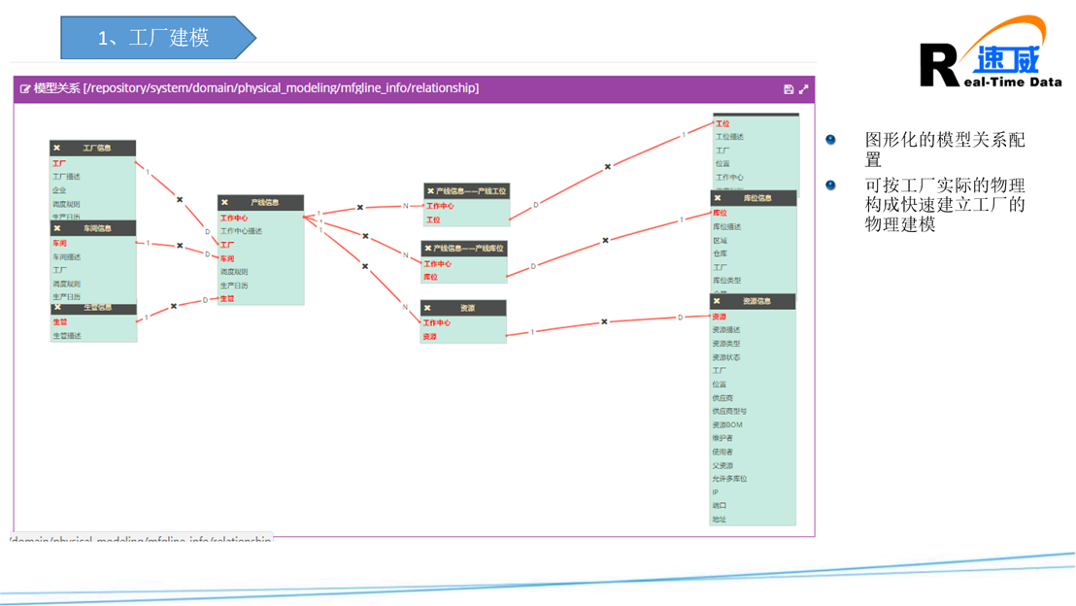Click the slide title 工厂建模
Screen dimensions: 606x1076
[153, 38]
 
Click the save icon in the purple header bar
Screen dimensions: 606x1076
[789, 89]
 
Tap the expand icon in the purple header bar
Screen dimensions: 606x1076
[804, 89]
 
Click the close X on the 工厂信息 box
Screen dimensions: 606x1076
[57, 149]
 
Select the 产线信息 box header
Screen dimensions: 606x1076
[264, 203]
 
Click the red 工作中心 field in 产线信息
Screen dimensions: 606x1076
[234, 219]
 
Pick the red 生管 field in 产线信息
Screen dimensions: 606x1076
[227, 299]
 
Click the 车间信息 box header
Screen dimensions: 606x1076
[97, 229]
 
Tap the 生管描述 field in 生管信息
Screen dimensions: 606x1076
[67, 336]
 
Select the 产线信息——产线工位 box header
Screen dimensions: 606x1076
[471, 191]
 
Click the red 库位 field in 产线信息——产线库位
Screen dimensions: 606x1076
[430, 278]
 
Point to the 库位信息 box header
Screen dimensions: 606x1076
[757, 198]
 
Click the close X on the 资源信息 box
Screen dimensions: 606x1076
[718, 302]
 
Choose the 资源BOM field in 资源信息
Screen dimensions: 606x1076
[727, 425]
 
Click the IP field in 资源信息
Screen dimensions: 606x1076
[716, 492]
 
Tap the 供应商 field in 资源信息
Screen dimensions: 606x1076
[723, 398]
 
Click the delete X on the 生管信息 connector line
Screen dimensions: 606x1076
[174, 307]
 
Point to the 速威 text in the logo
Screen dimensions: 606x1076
[1007, 60]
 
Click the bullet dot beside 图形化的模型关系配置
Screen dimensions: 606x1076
[830, 140]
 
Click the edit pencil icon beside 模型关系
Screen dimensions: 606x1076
[25, 89]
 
